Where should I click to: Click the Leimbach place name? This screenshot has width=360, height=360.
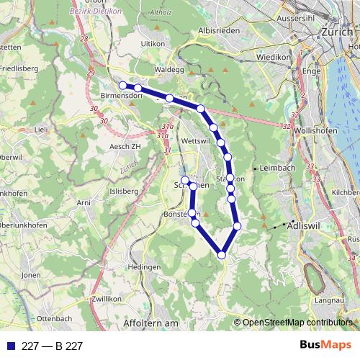click(279, 168)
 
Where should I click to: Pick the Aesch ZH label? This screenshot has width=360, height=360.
click(123, 145)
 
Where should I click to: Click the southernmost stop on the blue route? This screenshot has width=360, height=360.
click(222, 254)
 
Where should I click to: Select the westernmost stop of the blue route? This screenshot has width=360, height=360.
click(123, 86)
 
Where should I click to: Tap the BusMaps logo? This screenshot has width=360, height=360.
click(325, 346)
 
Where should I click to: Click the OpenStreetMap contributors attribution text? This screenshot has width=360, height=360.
click(297, 323)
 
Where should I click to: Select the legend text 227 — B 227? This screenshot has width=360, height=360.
click(52, 346)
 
